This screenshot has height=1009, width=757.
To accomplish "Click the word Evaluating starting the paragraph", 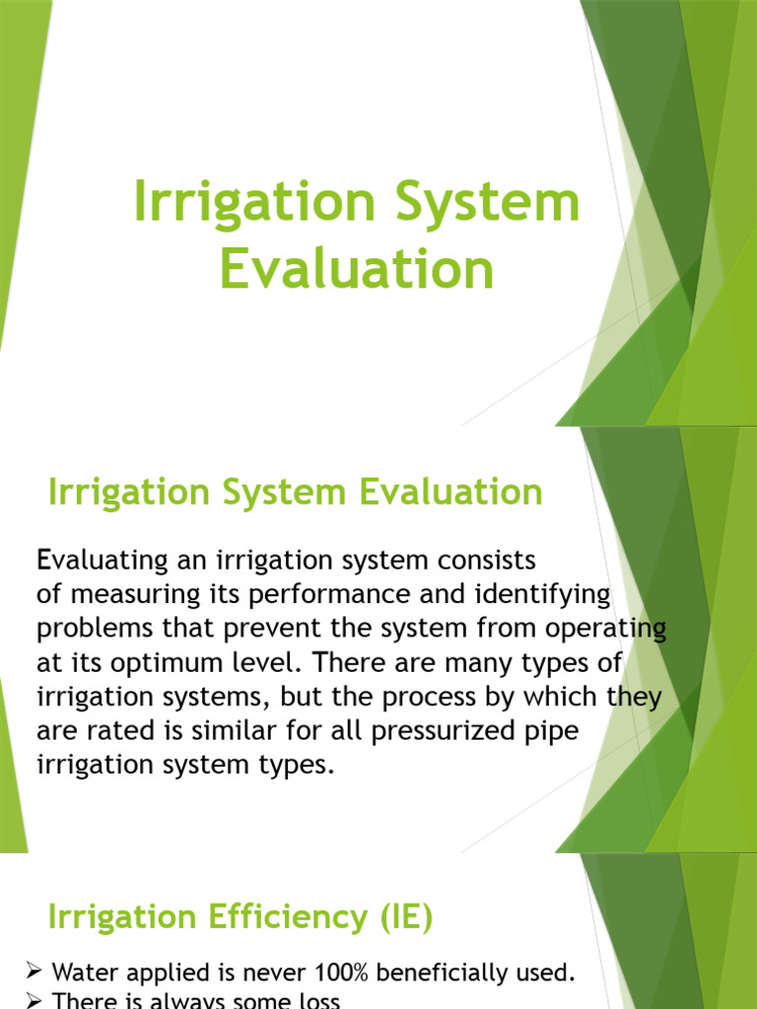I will [103, 561].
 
